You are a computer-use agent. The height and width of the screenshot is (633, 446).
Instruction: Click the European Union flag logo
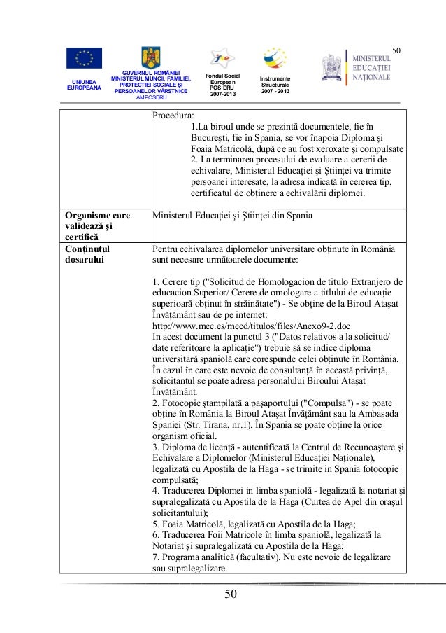pos(84,58)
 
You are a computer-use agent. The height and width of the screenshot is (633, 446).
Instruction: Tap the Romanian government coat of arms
pos(151,57)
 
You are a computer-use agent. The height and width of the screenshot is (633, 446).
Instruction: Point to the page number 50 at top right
pos(396,49)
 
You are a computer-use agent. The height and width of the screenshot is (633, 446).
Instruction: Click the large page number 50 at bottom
pos(231,595)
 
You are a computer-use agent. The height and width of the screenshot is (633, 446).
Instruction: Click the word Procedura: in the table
pos(174,116)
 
